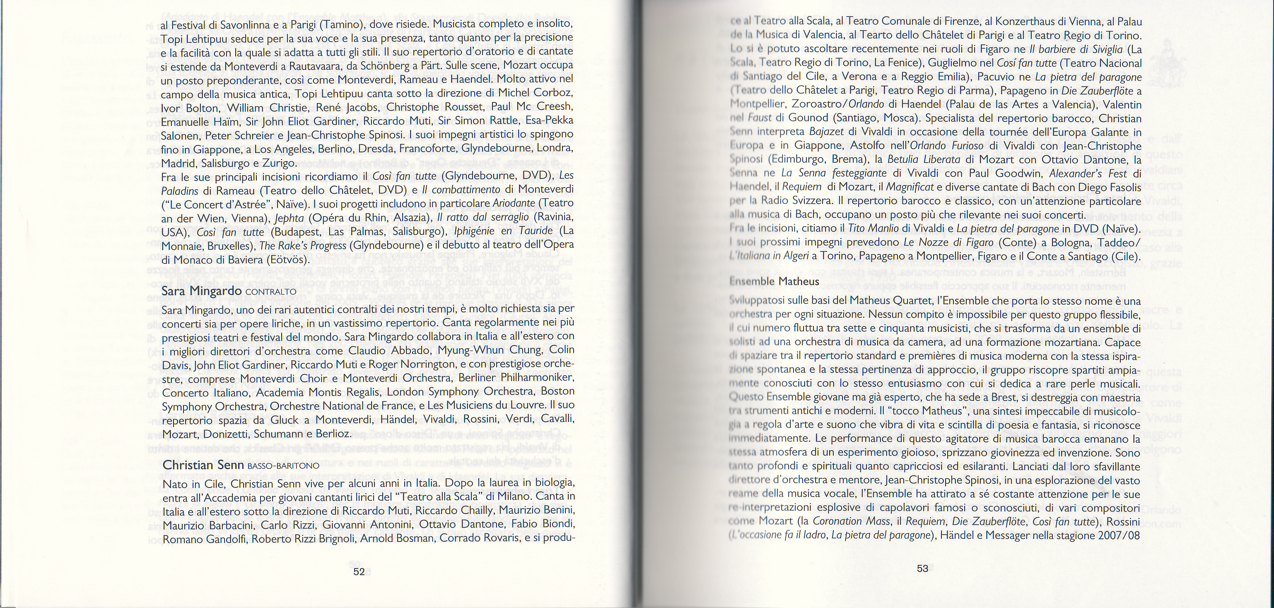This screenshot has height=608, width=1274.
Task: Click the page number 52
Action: click(x=359, y=572)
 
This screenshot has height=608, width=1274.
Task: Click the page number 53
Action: click(x=922, y=568)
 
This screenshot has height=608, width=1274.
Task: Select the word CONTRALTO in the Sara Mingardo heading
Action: click(x=270, y=292)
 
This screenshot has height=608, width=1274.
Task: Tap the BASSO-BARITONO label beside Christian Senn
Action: click(x=283, y=466)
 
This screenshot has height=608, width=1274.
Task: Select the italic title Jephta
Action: click(x=289, y=218)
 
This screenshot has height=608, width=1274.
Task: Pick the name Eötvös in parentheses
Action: click(x=286, y=259)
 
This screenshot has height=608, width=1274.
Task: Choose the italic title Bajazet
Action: click(x=827, y=132)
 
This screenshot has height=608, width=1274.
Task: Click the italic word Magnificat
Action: click(x=907, y=188)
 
